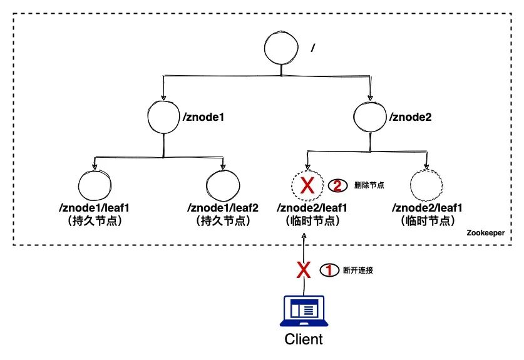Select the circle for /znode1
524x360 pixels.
pos(163,117)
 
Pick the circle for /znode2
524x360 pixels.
pos(370,117)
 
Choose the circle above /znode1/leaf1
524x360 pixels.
pos(95,186)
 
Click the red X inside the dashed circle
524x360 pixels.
pos(307,186)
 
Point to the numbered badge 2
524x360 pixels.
pos(337,186)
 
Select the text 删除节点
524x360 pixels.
pos(369,185)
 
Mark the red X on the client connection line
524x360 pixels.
pos(304,270)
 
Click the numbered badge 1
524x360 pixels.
pos(328,270)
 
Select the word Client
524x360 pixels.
pos(304,340)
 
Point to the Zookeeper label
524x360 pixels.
pos(486,232)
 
